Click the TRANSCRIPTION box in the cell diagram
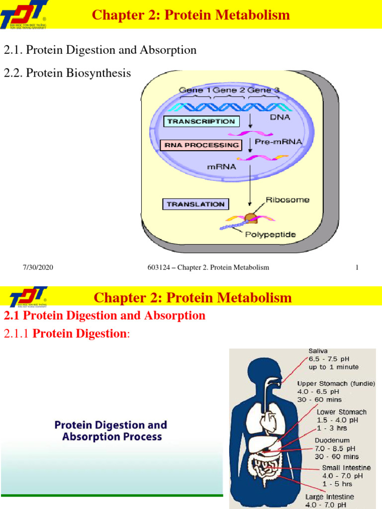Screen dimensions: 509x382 coord(201,121)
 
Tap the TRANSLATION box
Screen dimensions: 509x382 coord(195,204)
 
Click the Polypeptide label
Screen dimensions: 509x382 coord(270,234)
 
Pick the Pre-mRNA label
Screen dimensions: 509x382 coord(278,142)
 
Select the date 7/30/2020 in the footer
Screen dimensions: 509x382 coord(38,267)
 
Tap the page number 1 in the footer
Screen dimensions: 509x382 coord(357,267)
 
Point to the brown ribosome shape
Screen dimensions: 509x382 coord(252,217)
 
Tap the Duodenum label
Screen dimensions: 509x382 coord(332,440)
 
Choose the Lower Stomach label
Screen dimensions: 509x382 coord(342,412)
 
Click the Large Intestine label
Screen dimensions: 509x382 coord(329,497)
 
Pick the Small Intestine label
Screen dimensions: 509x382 coord(346,468)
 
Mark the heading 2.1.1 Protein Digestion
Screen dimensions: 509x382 coord(66,334)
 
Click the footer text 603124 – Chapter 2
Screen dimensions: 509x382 coord(208,267)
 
